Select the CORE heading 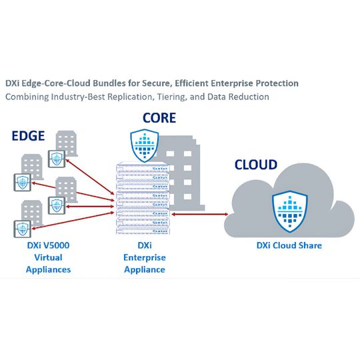(x=159, y=119)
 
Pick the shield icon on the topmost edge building (x=58, y=159)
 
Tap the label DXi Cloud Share (x=289, y=246)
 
